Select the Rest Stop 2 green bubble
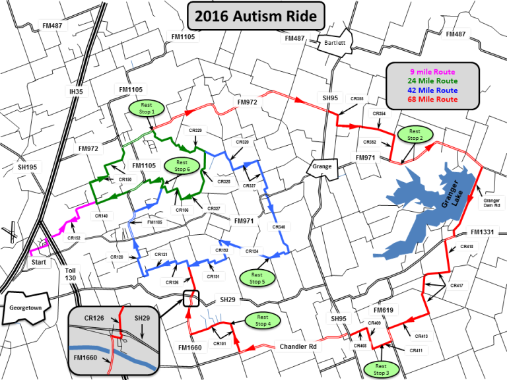point(416,134)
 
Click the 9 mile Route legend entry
point(432,71)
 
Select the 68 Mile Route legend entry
point(432,99)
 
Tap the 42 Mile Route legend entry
point(432,90)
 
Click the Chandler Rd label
point(301,347)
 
